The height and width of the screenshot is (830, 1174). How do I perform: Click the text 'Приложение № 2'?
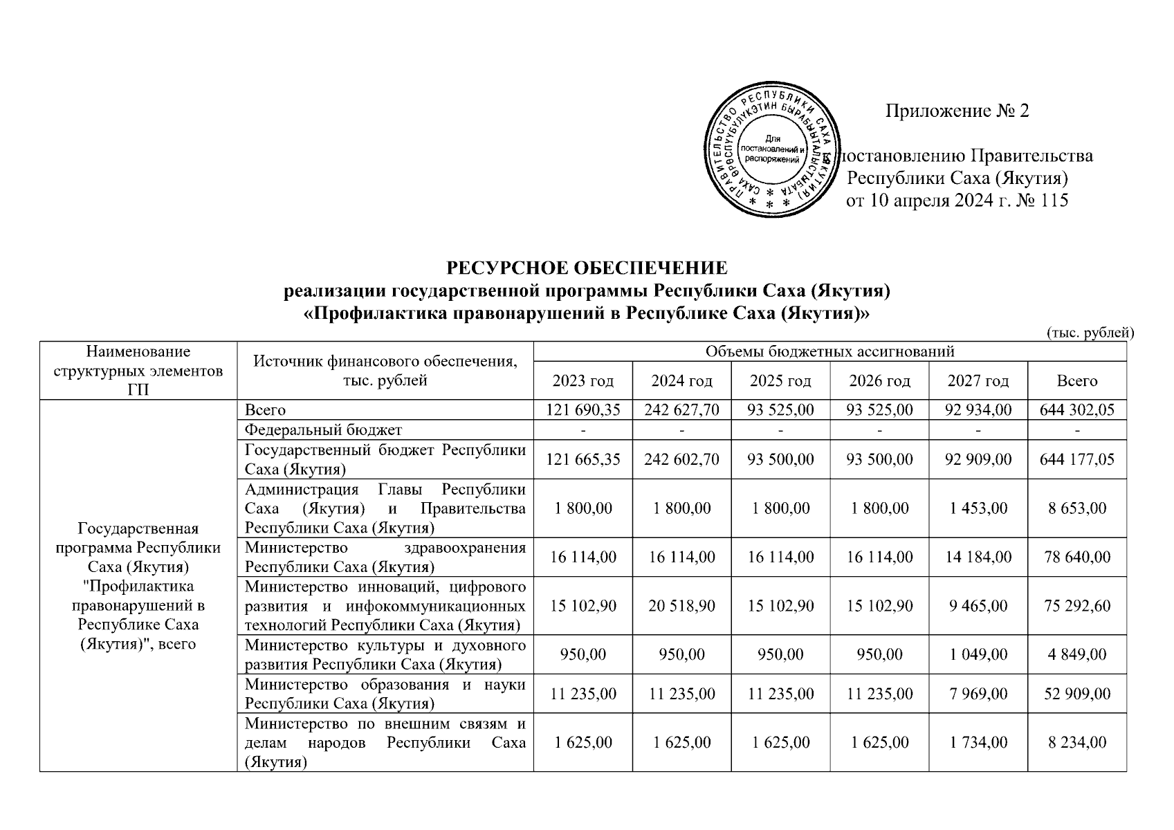coord(957,111)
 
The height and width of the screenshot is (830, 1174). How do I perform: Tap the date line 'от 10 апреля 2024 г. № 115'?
coord(957,201)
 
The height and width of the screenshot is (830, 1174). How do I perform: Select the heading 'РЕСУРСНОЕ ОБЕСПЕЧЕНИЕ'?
coord(587,268)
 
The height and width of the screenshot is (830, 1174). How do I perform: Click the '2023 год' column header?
coord(583,381)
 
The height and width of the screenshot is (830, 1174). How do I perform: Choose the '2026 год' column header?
coord(879,381)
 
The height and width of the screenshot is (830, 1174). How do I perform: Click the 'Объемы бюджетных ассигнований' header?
coord(829,351)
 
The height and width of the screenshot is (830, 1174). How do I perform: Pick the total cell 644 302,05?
coord(1076,410)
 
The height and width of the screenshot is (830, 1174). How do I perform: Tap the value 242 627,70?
coord(681,410)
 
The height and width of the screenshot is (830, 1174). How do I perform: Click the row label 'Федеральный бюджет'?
coord(323,430)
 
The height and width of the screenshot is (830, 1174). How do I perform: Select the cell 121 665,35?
coord(583,459)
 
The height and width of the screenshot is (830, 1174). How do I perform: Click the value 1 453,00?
coord(978,508)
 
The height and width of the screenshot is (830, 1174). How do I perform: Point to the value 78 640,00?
coord(1076,557)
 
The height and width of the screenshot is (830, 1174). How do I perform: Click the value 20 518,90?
coord(681,606)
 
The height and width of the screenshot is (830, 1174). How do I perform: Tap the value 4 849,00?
coord(1076,654)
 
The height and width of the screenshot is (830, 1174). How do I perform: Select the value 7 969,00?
coord(978,694)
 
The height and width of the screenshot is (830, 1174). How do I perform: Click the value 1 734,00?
coord(978,743)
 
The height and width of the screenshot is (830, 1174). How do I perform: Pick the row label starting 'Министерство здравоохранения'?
coord(385,557)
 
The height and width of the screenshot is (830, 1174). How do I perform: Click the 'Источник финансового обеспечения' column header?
coord(385,371)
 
